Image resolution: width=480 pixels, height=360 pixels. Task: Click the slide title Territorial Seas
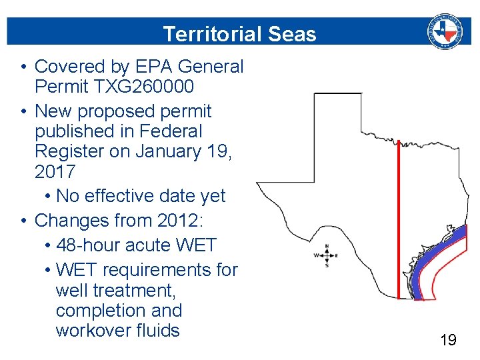tap(239, 34)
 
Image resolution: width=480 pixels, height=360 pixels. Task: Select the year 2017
tap(55, 171)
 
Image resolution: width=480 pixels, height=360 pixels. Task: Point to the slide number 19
tap(449, 341)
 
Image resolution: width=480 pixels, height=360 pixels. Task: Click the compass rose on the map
tap(326, 255)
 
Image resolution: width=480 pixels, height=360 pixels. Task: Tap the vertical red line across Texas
tap(399, 220)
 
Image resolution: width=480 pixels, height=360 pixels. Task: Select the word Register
tap(71, 151)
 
